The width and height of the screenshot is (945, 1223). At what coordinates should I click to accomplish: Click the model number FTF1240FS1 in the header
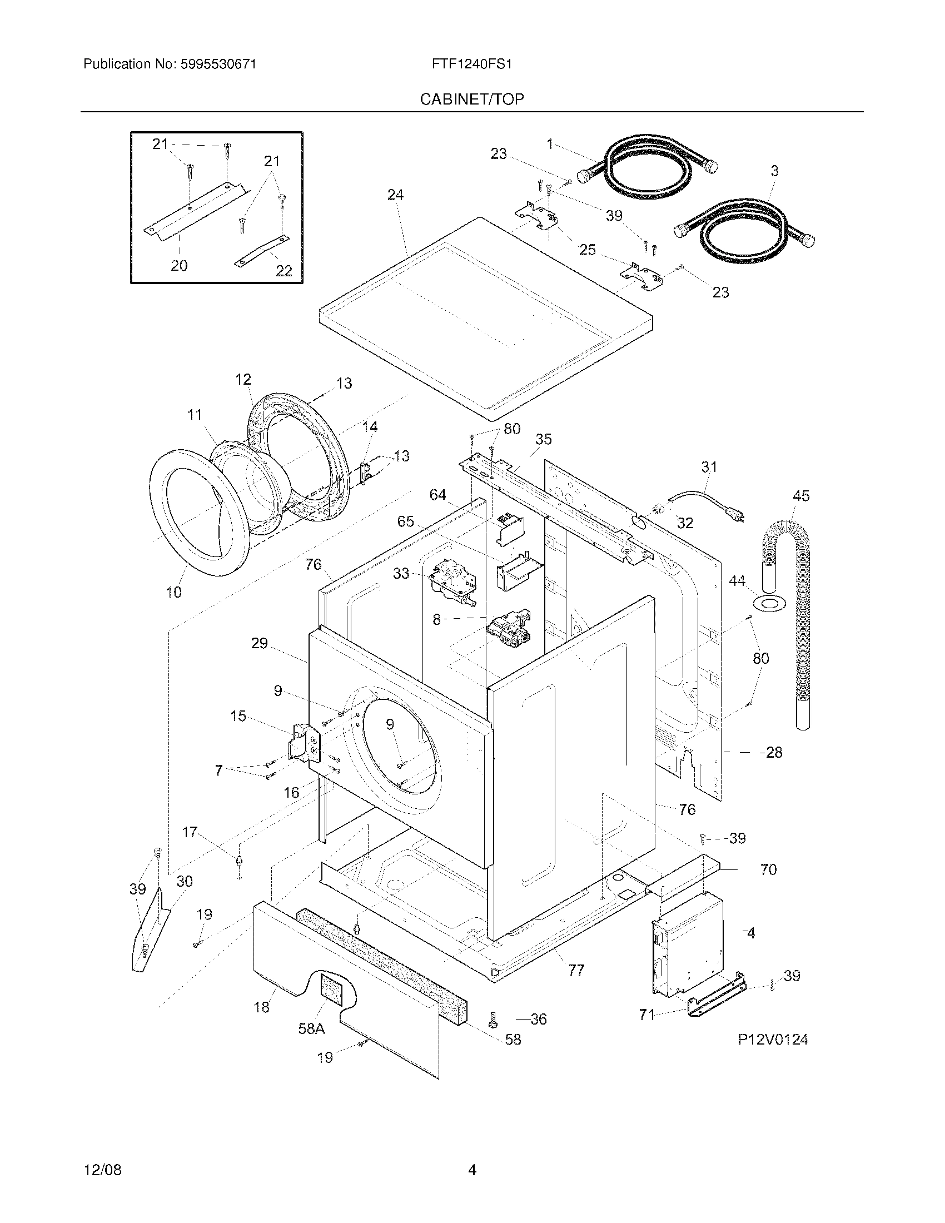pyautogui.click(x=471, y=64)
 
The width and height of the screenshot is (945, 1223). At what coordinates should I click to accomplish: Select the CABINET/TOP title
pyautogui.click(x=472, y=100)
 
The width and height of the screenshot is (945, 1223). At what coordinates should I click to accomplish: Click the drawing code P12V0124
pyautogui.click(x=773, y=1040)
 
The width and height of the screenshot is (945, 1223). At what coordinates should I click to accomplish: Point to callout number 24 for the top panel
pyautogui.click(x=395, y=195)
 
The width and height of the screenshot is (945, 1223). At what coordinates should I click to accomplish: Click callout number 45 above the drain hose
pyautogui.click(x=801, y=495)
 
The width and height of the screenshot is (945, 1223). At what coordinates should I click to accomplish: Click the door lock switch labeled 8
pyautogui.click(x=508, y=629)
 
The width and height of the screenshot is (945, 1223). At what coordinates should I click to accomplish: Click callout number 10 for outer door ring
pyautogui.click(x=174, y=592)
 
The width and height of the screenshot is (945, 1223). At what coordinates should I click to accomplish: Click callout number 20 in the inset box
pyautogui.click(x=179, y=265)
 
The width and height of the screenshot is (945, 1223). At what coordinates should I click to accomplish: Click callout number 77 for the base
pyautogui.click(x=576, y=971)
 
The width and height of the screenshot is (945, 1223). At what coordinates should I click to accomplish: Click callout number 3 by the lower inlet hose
pyautogui.click(x=775, y=171)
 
